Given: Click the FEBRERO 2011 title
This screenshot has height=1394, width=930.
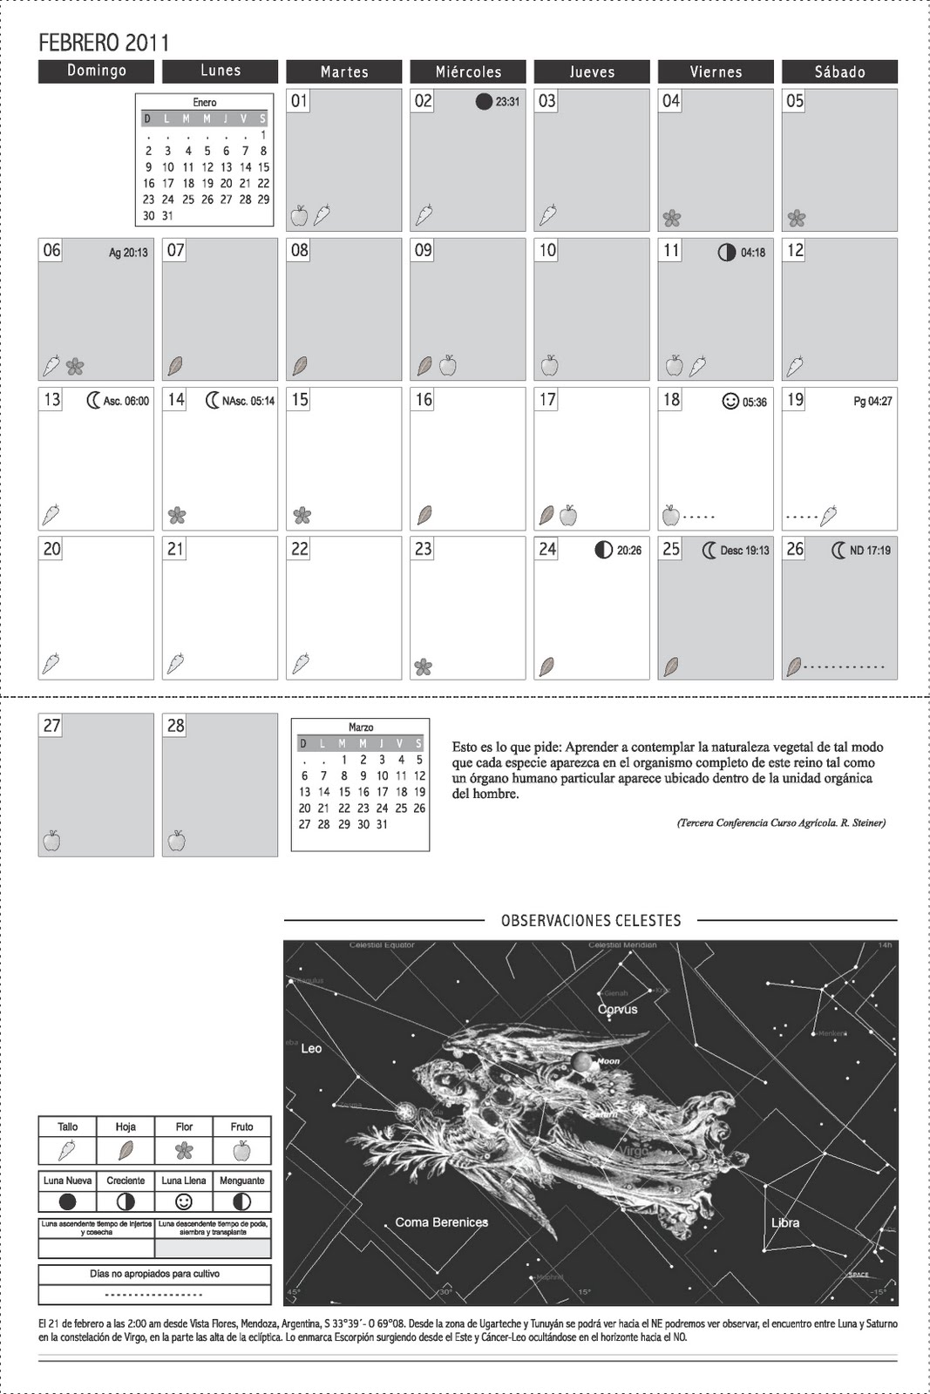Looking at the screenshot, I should pyautogui.click(x=104, y=42).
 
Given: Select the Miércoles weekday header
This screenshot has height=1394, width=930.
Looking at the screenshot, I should pyautogui.click(x=468, y=71).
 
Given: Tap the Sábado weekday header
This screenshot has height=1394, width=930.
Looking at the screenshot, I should pyautogui.click(x=839, y=71).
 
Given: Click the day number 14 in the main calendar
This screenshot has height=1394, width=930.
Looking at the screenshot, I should pyautogui.click(x=176, y=400).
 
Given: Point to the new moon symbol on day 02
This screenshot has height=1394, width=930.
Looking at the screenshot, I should pyautogui.click(x=484, y=101).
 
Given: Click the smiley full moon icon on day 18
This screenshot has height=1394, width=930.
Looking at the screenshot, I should pyautogui.click(x=730, y=401).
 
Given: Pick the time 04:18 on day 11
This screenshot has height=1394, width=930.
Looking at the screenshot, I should pyautogui.click(x=753, y=253).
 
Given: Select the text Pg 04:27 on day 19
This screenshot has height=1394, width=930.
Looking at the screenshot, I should pyautogui.click(x=872, y=402).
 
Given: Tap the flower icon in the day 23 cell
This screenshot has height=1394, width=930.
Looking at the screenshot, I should pyautogui.click(x=423, y=667).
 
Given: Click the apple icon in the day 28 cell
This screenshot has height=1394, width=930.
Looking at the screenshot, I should pyautogui.click(x=176, y=841).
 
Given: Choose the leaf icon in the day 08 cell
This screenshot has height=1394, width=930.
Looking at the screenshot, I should pyautogui.click(x=300, y=366).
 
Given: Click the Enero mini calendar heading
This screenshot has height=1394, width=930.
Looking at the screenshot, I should pyautogui.click(x=205, y=103).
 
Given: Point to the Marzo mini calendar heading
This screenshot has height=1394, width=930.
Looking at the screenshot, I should pyautogui.click(x=361, y=727).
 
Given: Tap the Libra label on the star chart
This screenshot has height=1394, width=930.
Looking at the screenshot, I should pyautogui.click(x=784, y=1222).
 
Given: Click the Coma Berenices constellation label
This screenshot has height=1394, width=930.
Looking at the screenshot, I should pyautogui.click(x=441, y=1222).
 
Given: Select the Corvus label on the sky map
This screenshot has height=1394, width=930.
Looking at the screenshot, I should pyautogui.click(x=617, y=1009).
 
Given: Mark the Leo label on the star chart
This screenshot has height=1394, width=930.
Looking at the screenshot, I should pyautogui.click(x=311, y=1048).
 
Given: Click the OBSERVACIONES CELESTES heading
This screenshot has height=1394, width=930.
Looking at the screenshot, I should pyautogui.click(x=591, y=920).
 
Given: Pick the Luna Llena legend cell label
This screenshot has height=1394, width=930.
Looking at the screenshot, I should pyautogui.click(x=184, y=1181).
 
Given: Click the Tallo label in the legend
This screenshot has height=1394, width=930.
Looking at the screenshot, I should pyautogui.click(x=67, y=1127).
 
